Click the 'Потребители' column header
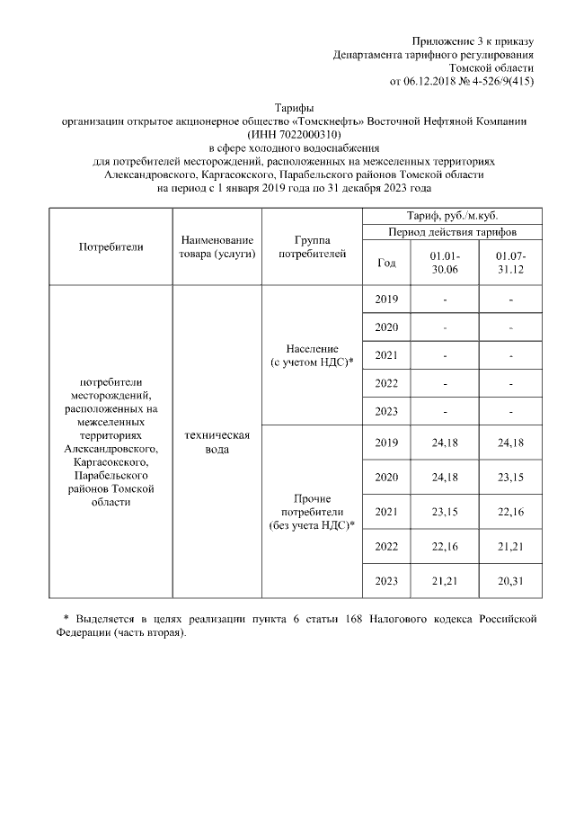coord(111,246)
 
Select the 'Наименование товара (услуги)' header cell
coord(217,247)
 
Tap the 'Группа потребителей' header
coord(312,247)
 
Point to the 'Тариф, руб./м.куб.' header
coord(452,216)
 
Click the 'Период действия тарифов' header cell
coord(452,232)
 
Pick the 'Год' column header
coord(386,263)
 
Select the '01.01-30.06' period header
coord(446,263)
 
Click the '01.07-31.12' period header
coord(510,263)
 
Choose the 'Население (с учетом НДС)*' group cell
coord(312,355)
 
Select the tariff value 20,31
coord(510,581)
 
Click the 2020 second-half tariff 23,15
coord(510,476)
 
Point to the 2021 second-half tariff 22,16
coord(510,512)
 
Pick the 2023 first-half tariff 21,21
coord(446,581)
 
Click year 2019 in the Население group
coord(386,300)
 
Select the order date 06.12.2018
coord(430,82)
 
